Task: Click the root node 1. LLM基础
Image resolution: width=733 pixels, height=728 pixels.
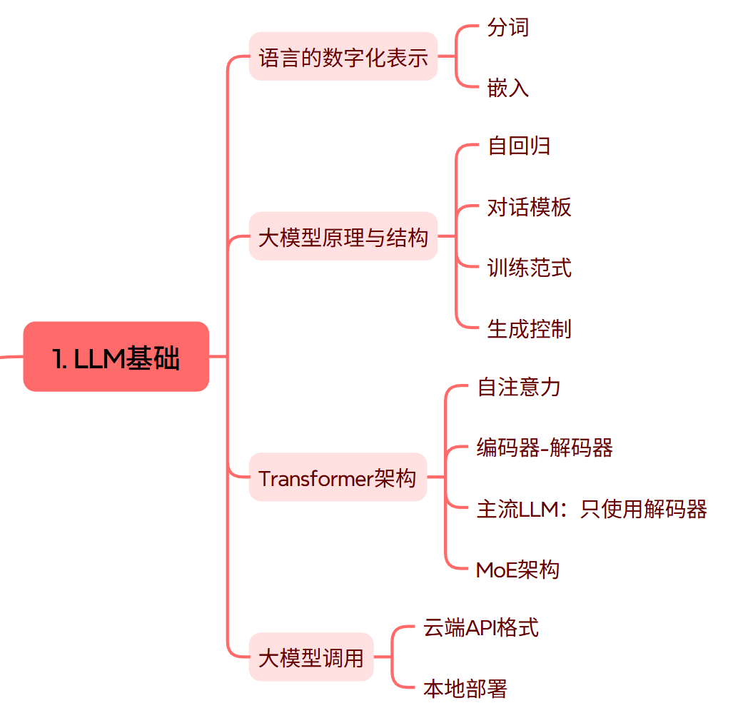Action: [x=116, y=357]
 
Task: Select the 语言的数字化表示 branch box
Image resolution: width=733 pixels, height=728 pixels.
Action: [x=343, y=56]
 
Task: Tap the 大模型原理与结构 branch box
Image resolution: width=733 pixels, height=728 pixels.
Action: [x=343, y=236]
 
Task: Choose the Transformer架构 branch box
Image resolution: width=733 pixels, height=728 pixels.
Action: [x=338, y=477]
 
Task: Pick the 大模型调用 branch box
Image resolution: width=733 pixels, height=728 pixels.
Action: [x=311, y=657]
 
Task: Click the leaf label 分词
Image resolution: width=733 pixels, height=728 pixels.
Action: [x=508, y=27]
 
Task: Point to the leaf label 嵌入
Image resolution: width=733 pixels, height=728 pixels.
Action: [x=508, y=88]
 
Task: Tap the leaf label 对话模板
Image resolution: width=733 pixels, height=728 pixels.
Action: [x=530, y=207]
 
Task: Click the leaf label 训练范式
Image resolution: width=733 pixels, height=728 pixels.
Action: [x=530, y=268]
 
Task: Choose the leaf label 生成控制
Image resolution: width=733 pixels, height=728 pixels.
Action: [x=530, y=328]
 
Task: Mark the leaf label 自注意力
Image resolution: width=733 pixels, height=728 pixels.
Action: [x=519, y=387]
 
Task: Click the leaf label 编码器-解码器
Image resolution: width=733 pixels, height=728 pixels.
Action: [x=545, y=448]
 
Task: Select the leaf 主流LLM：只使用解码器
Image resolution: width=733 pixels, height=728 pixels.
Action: [x=592, y=509]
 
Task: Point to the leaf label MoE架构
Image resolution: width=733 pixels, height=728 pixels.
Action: [x=517, y=570]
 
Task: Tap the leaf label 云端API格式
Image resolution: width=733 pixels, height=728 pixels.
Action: [x=481, y=628]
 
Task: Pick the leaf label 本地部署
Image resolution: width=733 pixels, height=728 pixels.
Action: [x=465, y=689]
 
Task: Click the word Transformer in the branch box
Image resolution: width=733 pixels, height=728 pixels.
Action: [x=316, y=477]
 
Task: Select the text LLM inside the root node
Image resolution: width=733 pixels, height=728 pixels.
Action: [x=100, y=358]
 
